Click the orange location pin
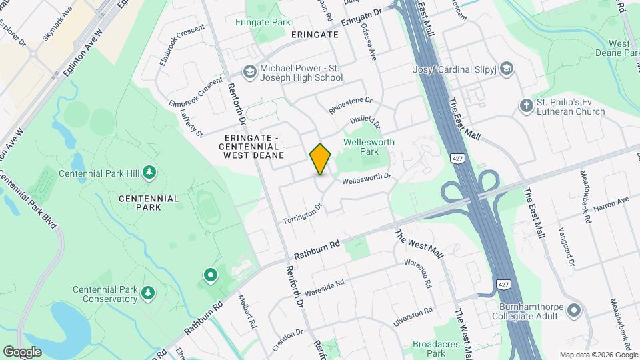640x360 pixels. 320,159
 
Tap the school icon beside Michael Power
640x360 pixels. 249,72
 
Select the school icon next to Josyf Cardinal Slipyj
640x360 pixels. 507,68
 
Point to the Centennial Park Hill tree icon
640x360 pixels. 150,173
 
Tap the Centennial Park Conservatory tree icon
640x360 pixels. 148,292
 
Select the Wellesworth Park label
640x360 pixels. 369,147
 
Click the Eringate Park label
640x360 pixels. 263,22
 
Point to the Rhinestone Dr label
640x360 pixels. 350,106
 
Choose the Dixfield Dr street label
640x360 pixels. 365,121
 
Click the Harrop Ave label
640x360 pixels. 611,202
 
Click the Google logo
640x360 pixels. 22,351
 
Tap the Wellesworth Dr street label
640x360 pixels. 365,180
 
